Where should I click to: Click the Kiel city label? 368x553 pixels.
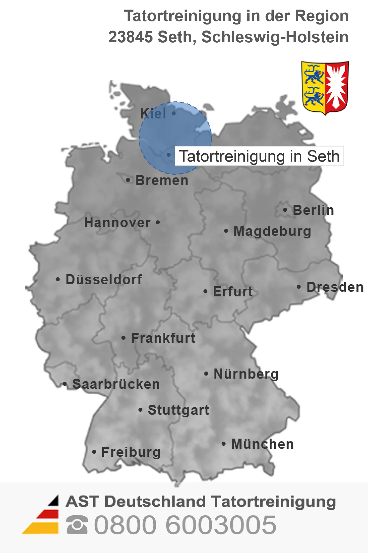tap(153, 114)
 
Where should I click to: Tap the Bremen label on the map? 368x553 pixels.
tap(162, 180)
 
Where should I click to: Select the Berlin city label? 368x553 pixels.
tap(313, 210)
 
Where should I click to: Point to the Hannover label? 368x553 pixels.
tap(117, 223)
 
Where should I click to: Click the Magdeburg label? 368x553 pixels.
tap(272, 231)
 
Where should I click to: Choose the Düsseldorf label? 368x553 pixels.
tap(104, 280)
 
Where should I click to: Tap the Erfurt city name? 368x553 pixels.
tap(233, 292)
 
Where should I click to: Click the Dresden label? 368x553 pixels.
tap(335, 287)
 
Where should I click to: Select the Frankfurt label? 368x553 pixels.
tap(163, 338)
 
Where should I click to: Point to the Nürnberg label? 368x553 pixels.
tap(246, 374)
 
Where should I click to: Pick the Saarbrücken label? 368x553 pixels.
tap(116, 384)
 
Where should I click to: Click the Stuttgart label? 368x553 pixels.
tap(178, 410)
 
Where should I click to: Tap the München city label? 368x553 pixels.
tap(263, 444)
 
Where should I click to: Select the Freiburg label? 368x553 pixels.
tap(131, 452)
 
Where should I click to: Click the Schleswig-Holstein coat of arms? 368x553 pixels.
tap(325, 88)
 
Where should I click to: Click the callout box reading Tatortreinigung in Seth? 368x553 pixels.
tap(259, 156)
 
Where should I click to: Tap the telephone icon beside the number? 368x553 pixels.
tap(77, 525)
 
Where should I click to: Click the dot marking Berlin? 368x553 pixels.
tap(285, 210)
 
